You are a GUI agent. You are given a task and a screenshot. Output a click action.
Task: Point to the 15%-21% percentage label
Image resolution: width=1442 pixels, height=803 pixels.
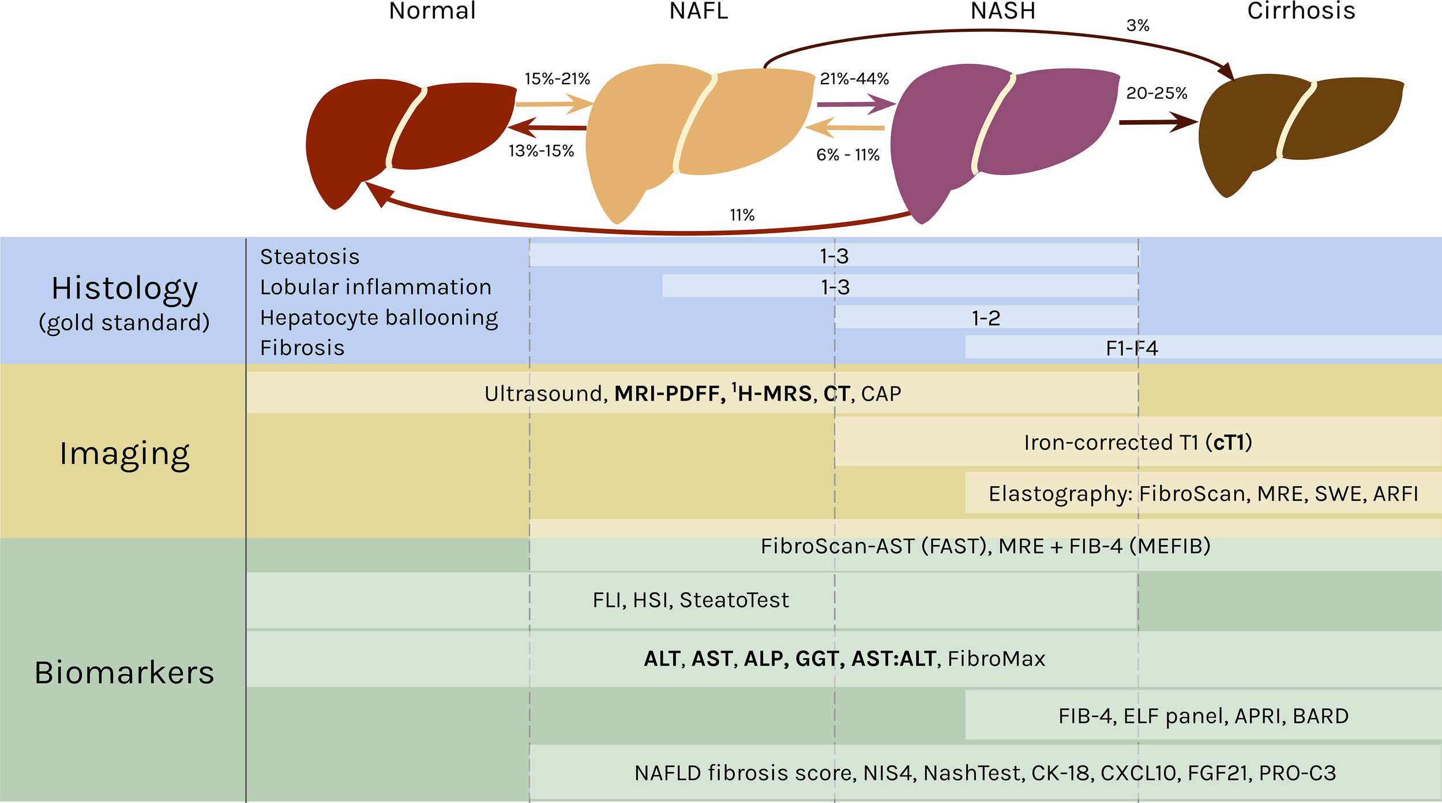tap(557, 79)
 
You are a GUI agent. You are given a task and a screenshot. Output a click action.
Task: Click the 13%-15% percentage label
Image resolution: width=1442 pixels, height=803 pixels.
tap(541, 151)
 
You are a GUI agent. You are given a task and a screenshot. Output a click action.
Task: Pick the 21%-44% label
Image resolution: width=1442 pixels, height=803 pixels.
tap(854, 79)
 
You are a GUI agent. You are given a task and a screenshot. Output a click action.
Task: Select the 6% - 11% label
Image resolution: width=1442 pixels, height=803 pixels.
tap(847, 155)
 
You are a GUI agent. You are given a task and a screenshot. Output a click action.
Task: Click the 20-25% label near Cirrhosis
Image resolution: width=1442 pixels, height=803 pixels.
tap(1156, 93)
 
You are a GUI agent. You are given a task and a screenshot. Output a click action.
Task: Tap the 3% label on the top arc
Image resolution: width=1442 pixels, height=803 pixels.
tap(1137, 25)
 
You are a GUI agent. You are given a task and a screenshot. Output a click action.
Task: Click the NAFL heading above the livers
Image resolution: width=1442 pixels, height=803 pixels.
tap(699, 11)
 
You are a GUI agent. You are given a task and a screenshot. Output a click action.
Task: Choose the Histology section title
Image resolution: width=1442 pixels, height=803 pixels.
tap(125, 288)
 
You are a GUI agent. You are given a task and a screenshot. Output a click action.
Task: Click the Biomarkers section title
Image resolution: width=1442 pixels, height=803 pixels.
tap(125, 673)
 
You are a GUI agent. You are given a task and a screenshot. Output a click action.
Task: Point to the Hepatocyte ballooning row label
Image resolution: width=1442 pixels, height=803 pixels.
tap(379, 318)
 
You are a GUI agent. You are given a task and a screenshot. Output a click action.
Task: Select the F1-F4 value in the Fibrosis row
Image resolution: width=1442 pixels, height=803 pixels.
tap(1132, 348)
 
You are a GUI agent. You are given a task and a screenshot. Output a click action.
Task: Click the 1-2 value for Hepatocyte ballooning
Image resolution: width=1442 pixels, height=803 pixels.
tap(986, 318)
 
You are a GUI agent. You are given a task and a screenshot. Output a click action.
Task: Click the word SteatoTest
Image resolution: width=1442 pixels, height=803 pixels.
tap(734, 600)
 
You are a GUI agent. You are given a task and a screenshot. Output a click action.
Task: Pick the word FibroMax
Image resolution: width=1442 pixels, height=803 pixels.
tap(996, 659)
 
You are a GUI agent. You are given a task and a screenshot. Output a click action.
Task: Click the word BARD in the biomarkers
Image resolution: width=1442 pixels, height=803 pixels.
tap(1321, 716)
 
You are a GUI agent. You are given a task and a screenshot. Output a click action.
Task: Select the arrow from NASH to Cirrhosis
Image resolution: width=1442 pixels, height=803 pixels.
tap(1157, 122)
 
